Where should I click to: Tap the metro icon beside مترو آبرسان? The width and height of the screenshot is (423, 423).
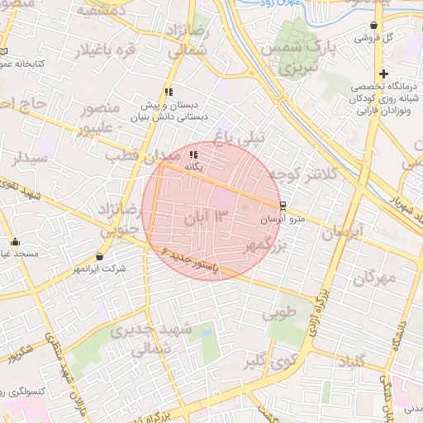pos(283,206)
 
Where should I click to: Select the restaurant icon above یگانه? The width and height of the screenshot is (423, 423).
pos(193,154)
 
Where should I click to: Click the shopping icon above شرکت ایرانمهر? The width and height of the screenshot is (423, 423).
pos(100,257)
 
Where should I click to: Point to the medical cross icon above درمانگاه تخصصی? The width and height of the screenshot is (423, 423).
pos(383,74)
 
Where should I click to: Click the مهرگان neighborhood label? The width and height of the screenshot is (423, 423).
pos(374,278)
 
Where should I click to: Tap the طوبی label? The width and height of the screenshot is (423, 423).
pos(278,314)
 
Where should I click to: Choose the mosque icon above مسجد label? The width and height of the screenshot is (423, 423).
pos(15,242)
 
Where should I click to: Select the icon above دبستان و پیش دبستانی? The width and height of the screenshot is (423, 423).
pos(169,93)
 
